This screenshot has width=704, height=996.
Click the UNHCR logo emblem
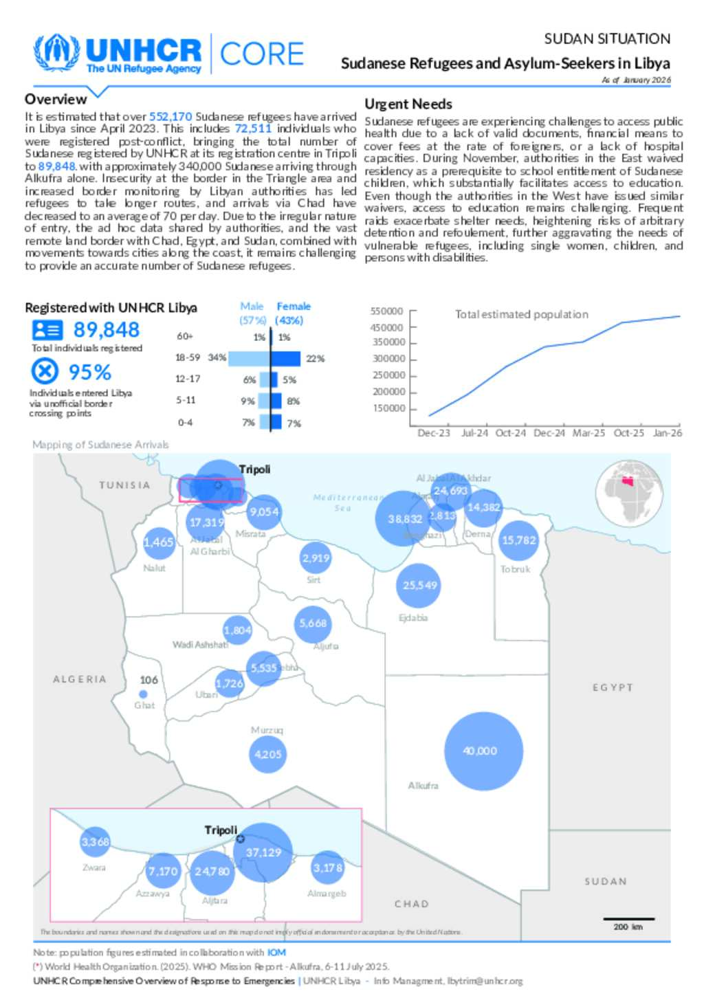56,53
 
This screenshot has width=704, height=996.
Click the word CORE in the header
261,54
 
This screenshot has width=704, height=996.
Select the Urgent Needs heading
408,104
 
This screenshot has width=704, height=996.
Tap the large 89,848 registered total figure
107,330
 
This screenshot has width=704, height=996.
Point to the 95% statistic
89,373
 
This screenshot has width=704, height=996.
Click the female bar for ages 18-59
286,358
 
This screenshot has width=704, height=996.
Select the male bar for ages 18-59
249,358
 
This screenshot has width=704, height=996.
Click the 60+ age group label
185,336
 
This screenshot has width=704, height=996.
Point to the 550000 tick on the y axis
387,311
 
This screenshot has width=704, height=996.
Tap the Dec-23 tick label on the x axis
434,433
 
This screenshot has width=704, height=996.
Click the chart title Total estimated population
521,314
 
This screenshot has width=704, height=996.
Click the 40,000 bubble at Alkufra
483,751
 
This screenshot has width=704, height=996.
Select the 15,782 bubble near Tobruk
518,540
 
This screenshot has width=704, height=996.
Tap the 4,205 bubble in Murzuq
267,754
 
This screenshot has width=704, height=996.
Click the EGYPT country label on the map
613,687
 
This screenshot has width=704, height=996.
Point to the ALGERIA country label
80,679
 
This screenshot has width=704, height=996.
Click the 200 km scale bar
628,919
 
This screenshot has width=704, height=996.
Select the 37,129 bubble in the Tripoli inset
263,852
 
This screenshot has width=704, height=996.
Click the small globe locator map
628,494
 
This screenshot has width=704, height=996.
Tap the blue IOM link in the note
276,953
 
